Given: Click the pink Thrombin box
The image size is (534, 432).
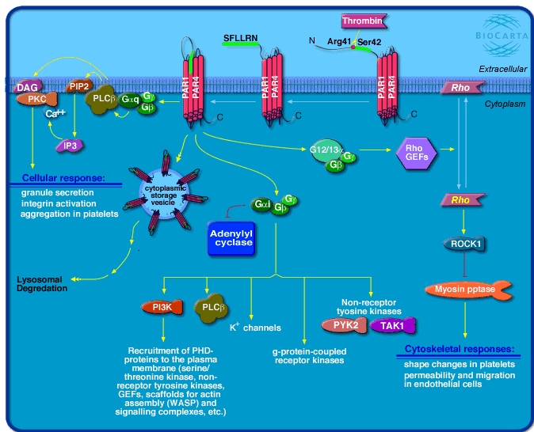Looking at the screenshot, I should coord(362,21).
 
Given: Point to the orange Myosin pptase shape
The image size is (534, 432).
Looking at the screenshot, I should coord(467,290).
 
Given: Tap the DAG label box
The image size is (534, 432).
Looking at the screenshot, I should coord(25,87).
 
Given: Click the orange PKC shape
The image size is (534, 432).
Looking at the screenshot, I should coord(40,100).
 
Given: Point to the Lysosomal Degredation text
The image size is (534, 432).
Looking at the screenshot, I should coord(44,283).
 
